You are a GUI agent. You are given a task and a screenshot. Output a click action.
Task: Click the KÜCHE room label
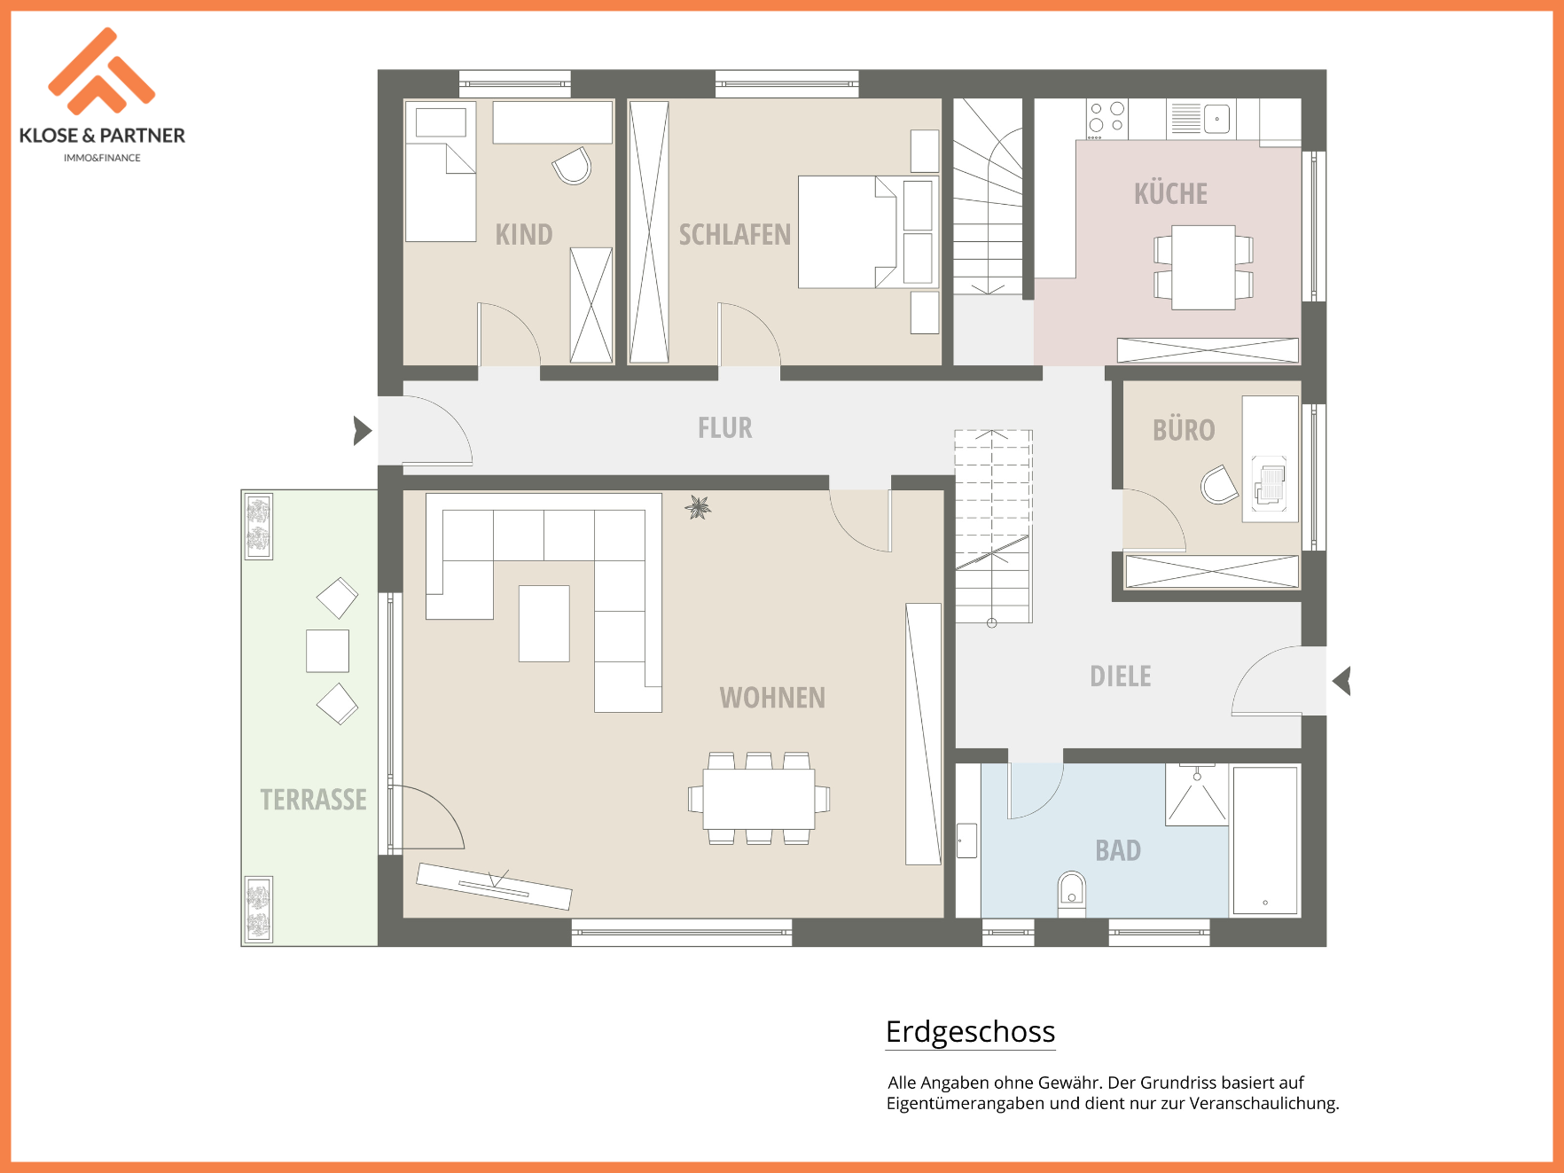(x=1170, y=193)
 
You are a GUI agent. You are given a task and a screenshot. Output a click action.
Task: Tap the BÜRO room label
(x=1184, y=430)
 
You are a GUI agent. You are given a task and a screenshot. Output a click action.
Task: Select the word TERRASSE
(x=313, y=800)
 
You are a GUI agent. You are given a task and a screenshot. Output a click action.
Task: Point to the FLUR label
(x=724, y=428)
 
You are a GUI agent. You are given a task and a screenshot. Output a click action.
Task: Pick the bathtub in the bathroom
(x=1265, y=841)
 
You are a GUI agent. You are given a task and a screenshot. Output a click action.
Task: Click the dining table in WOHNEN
(x=759, y=799)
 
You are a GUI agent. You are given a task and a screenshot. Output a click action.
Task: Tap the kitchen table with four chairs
(x=1203, y=267)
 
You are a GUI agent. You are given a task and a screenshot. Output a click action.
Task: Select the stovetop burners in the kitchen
(x=1107, y=119)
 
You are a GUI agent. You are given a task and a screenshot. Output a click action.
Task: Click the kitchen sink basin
(x=1217, y=119)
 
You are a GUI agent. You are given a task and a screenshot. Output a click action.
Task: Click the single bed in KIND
(x=441, y=172)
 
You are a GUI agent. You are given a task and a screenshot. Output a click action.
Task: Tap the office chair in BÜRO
(x=1220, y=485)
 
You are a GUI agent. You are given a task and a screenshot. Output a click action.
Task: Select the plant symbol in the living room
(x=699, y=507)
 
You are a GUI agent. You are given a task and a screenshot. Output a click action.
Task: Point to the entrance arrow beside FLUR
(x=363, y=431)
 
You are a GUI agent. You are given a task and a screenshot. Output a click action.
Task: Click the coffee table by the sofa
(x=543, y=623)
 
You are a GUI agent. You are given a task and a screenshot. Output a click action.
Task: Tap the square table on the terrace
(x=327, y=651)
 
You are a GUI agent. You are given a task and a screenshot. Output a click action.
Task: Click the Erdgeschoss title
(x=970, y=1032)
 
